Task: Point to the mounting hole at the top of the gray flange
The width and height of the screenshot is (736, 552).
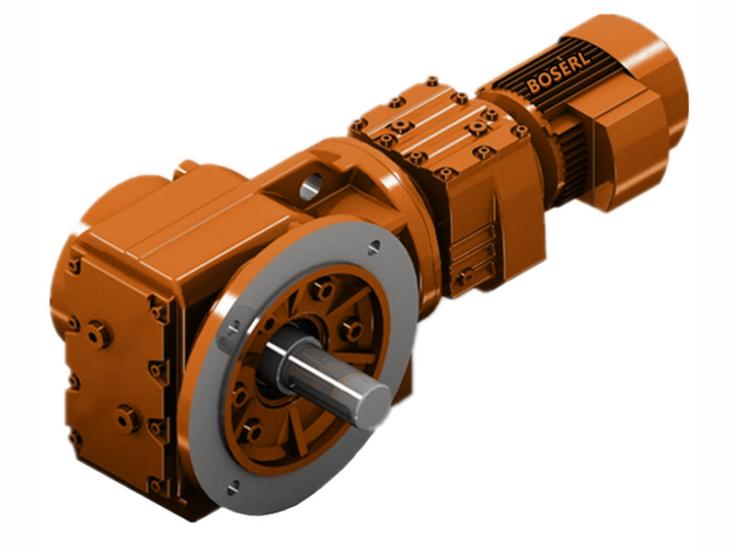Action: click(374, 247)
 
